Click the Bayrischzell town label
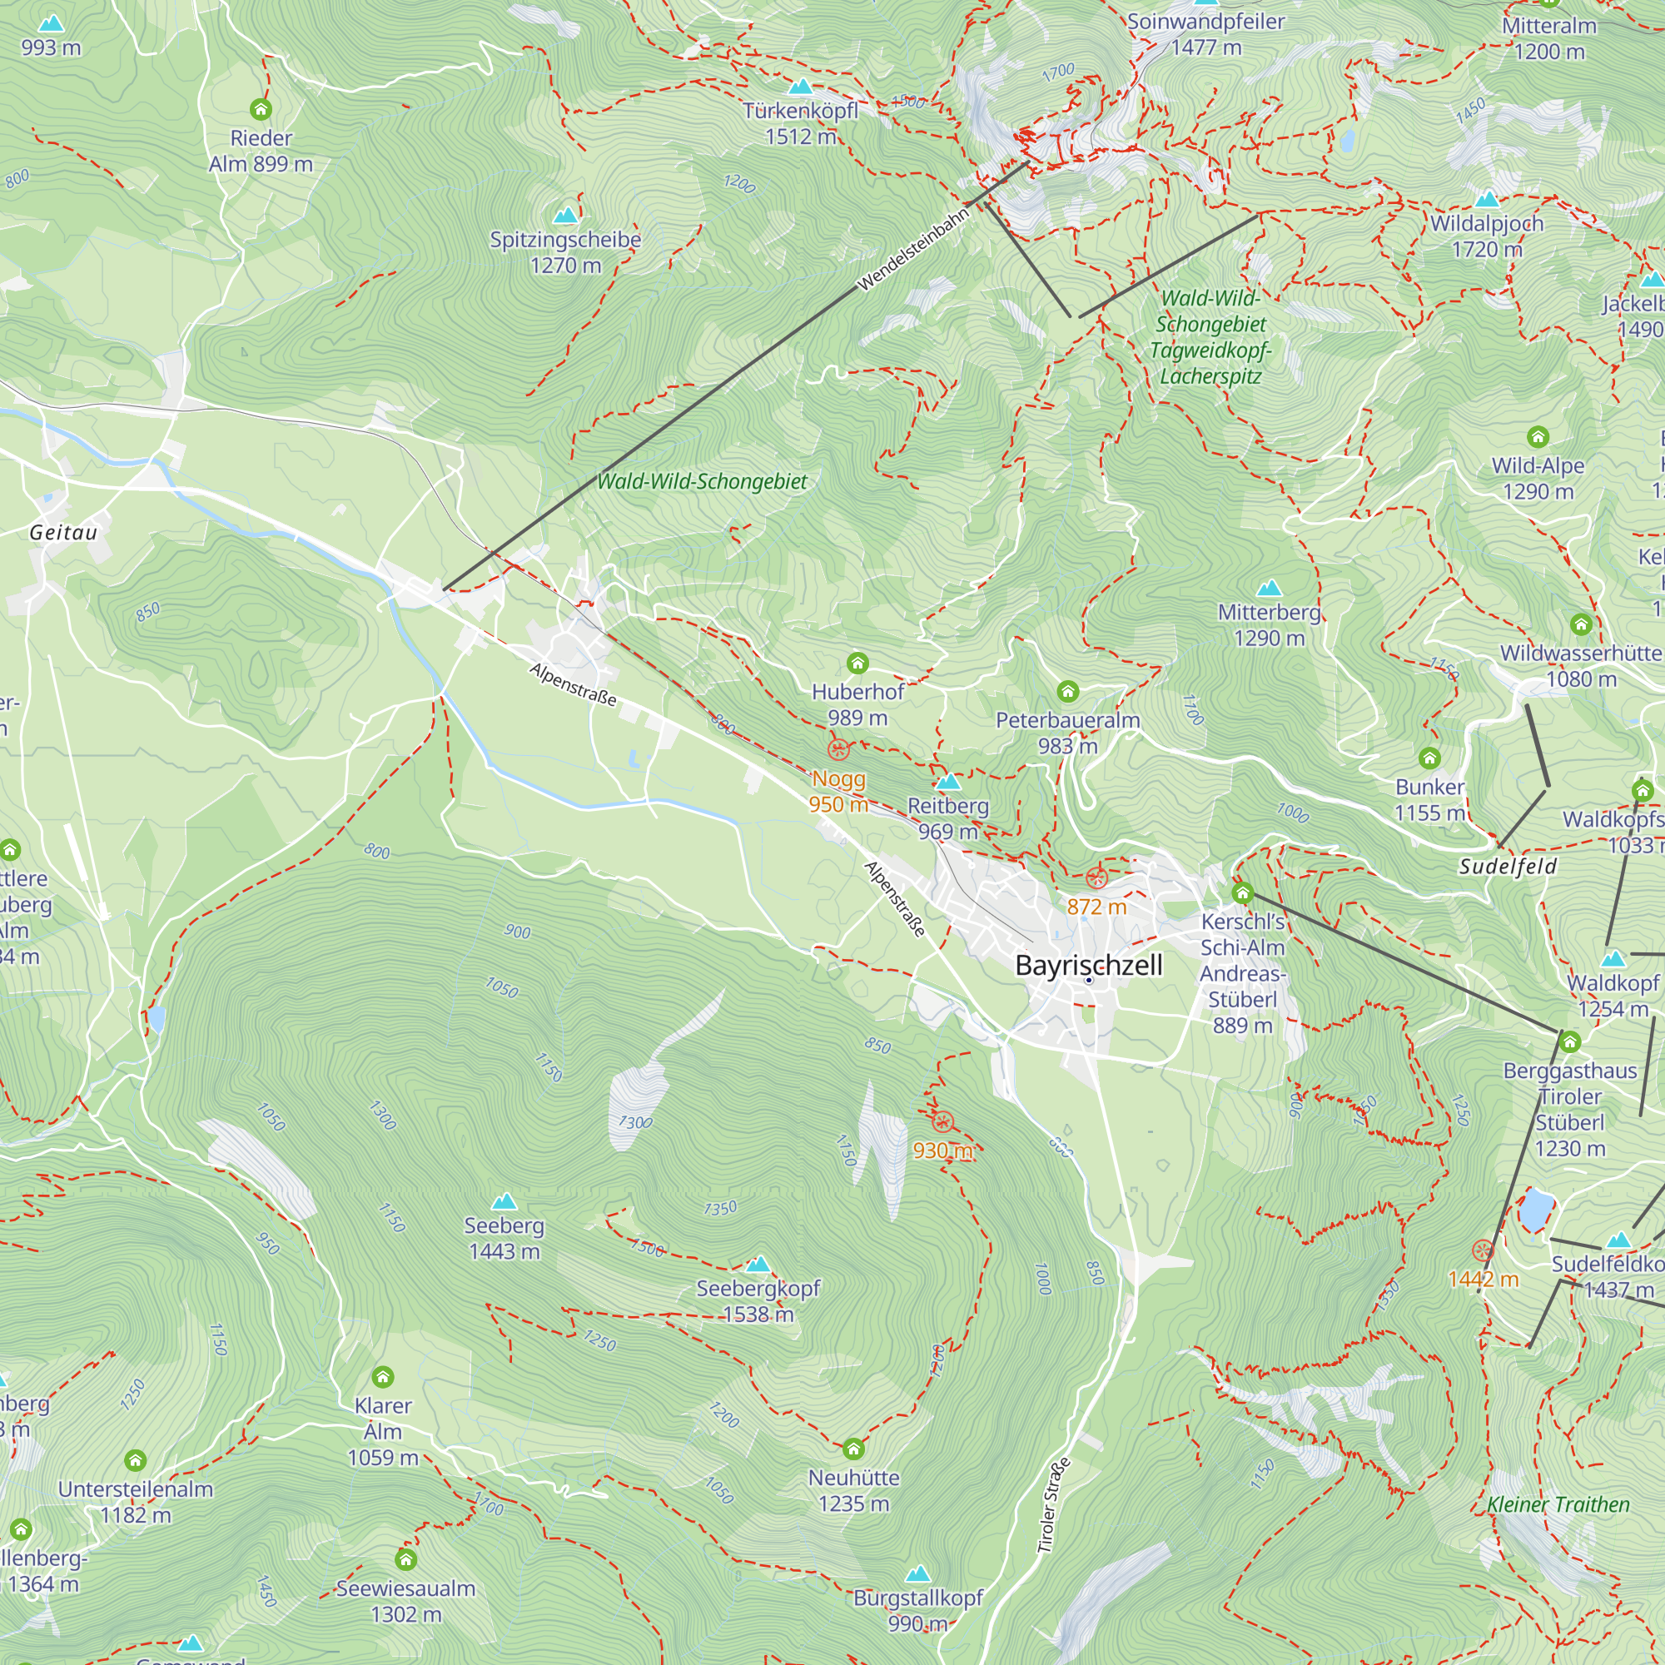pyautogui.click(x=1088, y=964)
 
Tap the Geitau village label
pyautogui.click(x=64, y=533)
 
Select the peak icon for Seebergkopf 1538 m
pyautogui.click(x=758, y=1265)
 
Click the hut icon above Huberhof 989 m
pyautogui.click(x=857, y=663)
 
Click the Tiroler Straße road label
pyautogui.click(x=1053, y=1505)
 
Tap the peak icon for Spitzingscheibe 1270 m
pyautogui.click(x=565, y=215)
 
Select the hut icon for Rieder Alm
pyautogui.click(x=261, y=109)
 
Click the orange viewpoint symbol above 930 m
pyautogui.click(x=943, y=1122)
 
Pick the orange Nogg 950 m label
pyautogui.click(x=837, y=791)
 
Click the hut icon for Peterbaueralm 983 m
pyautogui.click(x=1068, y=691)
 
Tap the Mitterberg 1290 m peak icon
pyautogui.click(x=1269, y=589)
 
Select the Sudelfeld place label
pyautogui.click(x=1508, y=866)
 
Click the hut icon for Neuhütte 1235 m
pyautogui.click(x=853, y=1448)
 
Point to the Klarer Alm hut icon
pyautogui.click(x=383, y=1376)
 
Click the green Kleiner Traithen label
pyautogui.click(x=1558, y=1504)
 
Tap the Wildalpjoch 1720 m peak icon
pyautogui.click(x=1487, y=200)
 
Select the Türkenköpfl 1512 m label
pyautogui.click(x=801, y=123)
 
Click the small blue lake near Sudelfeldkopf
pyautogui.click(x=1536, y=1210)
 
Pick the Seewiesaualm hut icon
pyautogui.click(x=406, y=1558)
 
